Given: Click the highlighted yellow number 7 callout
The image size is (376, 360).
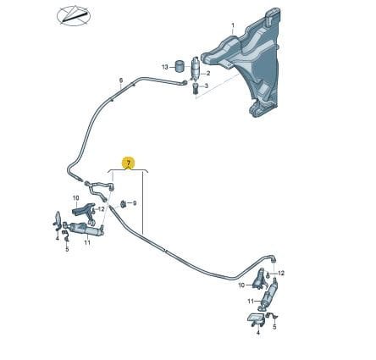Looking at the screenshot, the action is click(x=129, y=163).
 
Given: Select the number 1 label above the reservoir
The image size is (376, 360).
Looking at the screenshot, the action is click(x=233, y=25).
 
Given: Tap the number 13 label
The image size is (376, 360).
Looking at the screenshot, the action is click(x=165, y=67).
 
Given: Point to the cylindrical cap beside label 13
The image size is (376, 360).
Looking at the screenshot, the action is click(x=179, y=66).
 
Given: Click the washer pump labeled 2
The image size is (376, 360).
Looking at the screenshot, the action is click(x=196, y=69).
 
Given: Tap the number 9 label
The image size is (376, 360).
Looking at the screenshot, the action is click(x=135, y=203).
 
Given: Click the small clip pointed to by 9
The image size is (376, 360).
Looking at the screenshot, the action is click(x=123, y=203).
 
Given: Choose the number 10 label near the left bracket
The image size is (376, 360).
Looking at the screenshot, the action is click(x=75, y=198).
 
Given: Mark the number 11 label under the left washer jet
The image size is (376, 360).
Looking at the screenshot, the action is click(x=87, y=242).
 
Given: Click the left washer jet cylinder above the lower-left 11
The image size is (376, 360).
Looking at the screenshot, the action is click(x=84, y=228).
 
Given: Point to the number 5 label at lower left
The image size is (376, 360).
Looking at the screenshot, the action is click(x=67, y=249).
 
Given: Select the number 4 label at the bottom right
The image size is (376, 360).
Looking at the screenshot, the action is click(x=258, y=333).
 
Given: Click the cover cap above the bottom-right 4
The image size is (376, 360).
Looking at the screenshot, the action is click(x=257, y=319).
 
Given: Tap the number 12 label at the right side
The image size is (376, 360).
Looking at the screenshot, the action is click(x=281, y=274).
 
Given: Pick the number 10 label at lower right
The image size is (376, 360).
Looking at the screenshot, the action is click(x=241, y=285).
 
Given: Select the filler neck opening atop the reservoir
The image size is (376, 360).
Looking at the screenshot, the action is click(x=274, y=14).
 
